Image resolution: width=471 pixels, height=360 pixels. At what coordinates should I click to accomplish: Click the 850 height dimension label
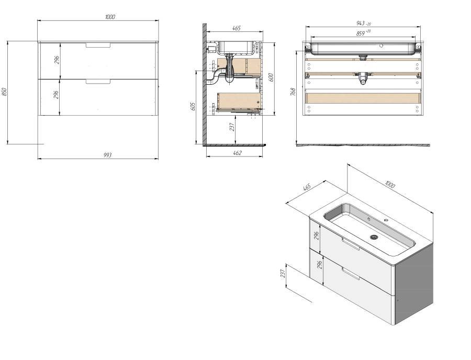4,92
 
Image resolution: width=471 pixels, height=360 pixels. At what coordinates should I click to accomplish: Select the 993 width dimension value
107,155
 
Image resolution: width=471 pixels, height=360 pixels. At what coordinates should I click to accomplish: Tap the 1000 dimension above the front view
110,17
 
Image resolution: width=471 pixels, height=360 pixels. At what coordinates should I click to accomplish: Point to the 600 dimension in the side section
271,77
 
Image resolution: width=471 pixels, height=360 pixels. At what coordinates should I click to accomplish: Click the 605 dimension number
193,106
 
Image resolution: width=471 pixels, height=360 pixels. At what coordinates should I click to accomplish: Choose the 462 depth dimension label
237,153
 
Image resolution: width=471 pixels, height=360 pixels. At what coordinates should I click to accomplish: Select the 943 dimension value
360,23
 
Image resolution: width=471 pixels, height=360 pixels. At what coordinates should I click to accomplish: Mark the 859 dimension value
360,33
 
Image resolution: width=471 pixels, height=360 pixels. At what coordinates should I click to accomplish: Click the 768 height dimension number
294,92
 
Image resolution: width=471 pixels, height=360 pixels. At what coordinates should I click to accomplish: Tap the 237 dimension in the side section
232,127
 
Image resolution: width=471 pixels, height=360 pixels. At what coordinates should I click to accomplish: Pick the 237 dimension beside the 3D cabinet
283,273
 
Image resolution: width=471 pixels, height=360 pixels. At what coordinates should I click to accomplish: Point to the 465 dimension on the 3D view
307,187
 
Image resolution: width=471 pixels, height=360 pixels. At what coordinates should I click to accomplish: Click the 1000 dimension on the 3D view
389,184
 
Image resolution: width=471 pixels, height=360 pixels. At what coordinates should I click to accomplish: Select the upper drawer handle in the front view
98,46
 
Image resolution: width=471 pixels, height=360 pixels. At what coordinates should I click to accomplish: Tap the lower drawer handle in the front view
98,82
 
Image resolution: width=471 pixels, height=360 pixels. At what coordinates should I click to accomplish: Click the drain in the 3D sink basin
374,237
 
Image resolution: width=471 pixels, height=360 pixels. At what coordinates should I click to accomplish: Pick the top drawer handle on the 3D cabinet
351,243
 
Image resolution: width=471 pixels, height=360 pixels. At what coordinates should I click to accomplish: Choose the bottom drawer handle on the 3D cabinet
351,273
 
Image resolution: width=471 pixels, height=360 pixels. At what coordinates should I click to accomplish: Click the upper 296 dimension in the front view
57,60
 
